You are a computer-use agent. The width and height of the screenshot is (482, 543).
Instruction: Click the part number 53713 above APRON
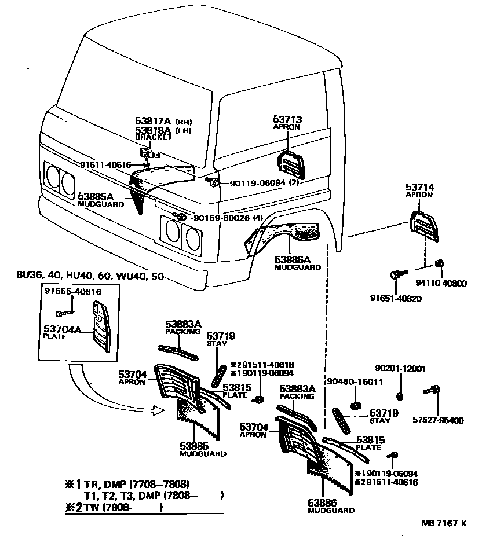(x=287, y=120)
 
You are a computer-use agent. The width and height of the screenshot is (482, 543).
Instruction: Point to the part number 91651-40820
(x=396, y=299)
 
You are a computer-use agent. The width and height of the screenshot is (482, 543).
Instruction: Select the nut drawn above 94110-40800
(x=439, y=263)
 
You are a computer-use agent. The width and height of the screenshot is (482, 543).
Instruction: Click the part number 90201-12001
(x=400, y=368)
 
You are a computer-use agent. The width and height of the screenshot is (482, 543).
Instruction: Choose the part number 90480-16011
(x=355, y=382)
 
